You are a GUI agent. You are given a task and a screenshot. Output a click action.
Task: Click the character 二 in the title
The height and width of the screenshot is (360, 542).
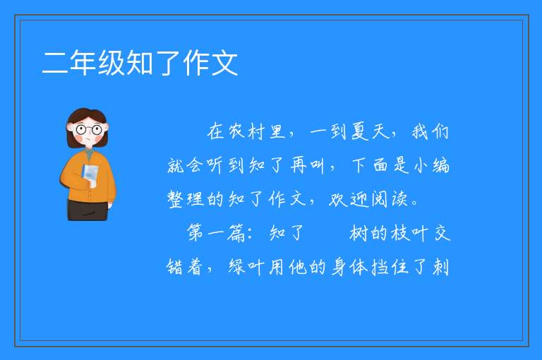[54, 63]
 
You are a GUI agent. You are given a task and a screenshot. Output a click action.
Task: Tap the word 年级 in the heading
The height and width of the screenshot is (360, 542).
[97, 63]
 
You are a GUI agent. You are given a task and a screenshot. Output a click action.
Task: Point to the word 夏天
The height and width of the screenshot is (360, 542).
[371, 132]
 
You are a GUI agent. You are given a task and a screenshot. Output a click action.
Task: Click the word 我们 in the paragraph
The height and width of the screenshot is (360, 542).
[430, 132]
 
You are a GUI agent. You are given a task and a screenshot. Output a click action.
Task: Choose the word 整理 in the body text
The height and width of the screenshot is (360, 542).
[186, 199]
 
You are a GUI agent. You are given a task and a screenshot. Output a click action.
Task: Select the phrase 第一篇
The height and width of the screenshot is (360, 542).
[217, 233]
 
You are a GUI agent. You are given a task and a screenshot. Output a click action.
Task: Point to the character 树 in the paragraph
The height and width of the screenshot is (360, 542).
[359, 233]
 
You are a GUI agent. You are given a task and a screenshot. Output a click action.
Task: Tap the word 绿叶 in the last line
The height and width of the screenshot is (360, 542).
[246, 267]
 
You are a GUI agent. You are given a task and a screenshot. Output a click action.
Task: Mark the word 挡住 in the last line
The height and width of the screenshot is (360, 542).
[390, 267]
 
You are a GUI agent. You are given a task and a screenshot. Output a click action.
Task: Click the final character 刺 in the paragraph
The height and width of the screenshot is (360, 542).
[441, 267]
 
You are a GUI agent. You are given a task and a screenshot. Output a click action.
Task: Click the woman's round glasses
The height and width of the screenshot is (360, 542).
[89, 130]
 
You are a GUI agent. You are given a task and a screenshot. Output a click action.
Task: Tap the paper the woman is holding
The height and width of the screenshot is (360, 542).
[90, 175]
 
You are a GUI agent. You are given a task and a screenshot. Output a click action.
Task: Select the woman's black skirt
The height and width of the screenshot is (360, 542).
[88, 210]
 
